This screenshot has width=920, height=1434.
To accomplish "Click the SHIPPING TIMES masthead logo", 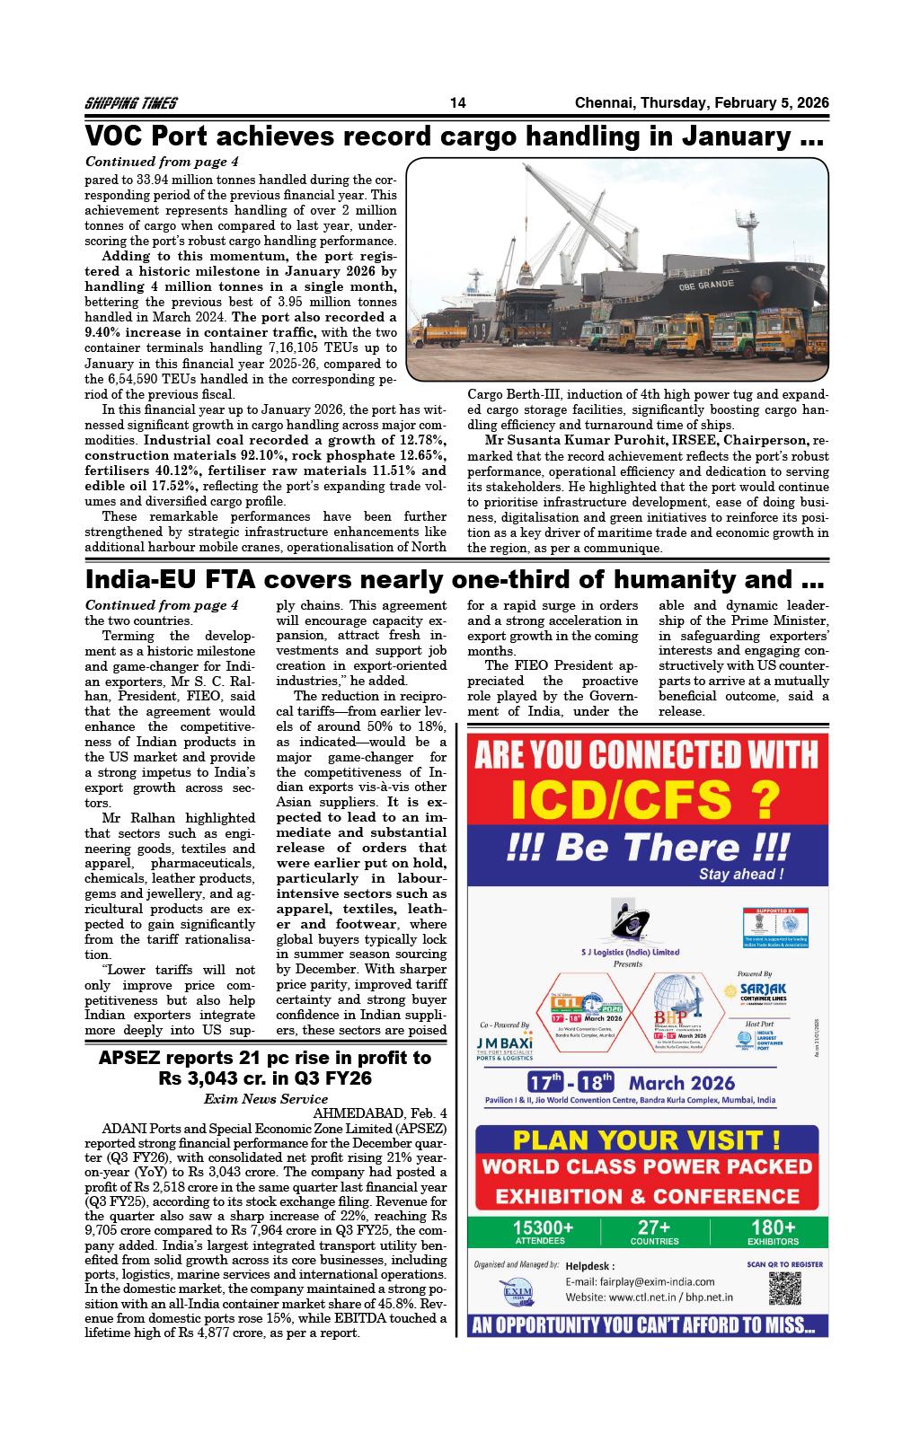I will (x=130, y=103).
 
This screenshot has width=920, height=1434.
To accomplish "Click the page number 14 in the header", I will (x=457, y=103).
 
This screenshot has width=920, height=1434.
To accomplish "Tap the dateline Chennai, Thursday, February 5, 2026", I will (x=701, y=103).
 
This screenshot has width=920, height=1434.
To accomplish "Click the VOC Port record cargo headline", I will (x=454, y=136).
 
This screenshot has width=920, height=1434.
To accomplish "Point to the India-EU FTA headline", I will (x=454, y=579).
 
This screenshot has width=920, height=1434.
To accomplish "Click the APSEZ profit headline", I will (x=265, y=1068).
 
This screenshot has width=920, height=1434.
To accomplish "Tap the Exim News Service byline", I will (x=265, y=1098).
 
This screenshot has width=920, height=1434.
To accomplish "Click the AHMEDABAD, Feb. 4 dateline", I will (x=379, y=1113).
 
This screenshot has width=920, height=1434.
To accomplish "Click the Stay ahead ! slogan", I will (x=741, y=874).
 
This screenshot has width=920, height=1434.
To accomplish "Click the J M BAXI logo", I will (x=505, y=1048).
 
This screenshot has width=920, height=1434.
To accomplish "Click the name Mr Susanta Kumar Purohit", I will (x=555, y=440).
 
